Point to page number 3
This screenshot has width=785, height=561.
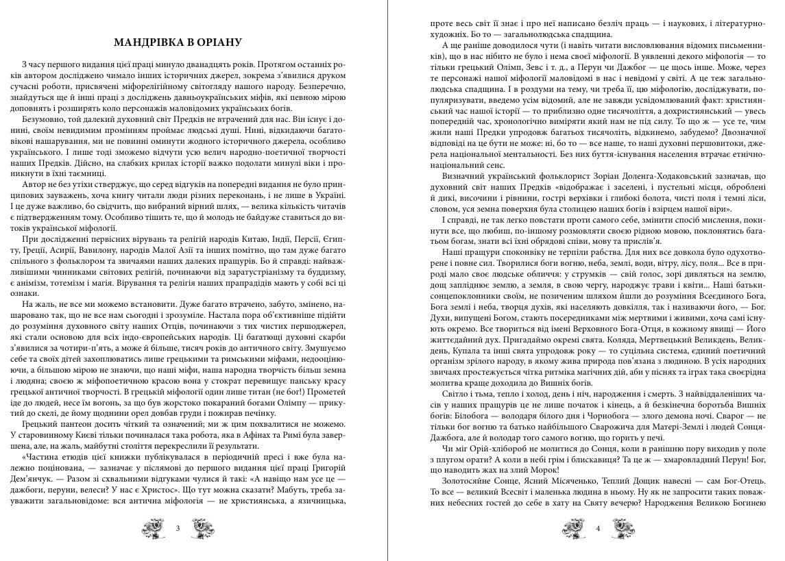pos(178,528)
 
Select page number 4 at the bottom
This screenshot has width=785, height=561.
pos(598,528)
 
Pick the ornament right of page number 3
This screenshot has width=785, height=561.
pos(202,527)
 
